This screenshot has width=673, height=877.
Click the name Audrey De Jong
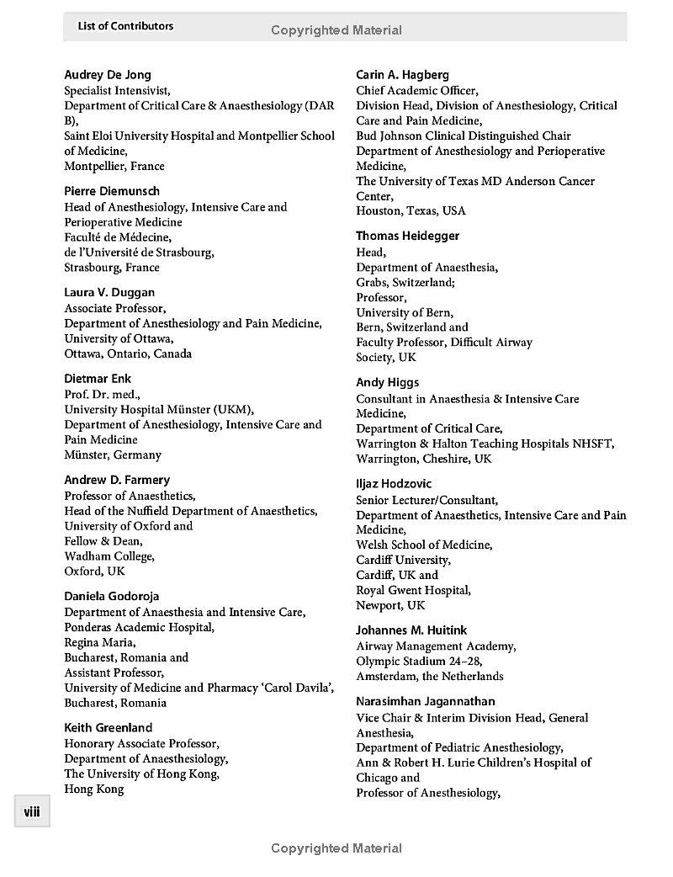point(108,75)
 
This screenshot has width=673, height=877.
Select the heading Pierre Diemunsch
point(112,191)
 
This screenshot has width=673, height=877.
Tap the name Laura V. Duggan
point(109,293)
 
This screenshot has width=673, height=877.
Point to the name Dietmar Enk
point(98,379)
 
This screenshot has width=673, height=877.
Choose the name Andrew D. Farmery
point(117,480)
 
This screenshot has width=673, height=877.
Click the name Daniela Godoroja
point(112,596)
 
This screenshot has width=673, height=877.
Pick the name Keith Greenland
point(108,727)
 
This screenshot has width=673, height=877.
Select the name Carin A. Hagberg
point(402,75)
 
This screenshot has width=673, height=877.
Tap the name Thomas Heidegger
point(407,236)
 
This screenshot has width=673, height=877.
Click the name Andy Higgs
point(387,382)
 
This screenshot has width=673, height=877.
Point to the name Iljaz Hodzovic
point(394,484)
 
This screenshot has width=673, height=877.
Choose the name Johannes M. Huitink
point(411,630)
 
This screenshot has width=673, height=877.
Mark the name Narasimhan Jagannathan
point(425,701)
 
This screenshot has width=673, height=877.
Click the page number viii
point(32,812)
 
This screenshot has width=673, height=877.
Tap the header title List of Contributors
point(125,26)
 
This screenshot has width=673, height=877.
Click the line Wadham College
point(109,556)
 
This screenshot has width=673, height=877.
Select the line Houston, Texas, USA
point(411,210)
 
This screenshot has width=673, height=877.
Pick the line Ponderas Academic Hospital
point(139,627)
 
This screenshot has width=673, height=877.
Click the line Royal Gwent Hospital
point(413,590)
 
